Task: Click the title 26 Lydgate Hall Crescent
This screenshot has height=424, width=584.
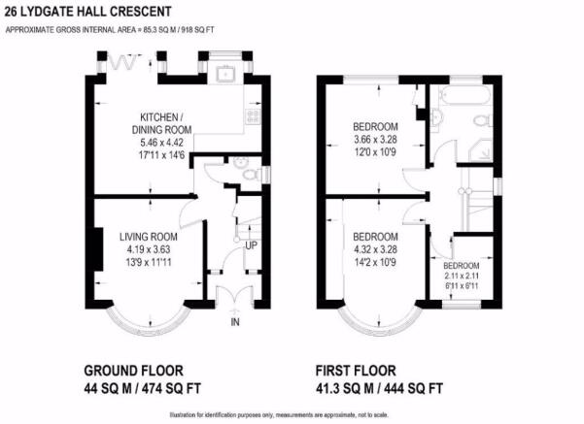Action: click(x=88, y=12)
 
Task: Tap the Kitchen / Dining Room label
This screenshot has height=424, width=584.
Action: click(x=162, y=123)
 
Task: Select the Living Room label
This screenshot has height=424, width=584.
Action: click(x=149, y=237)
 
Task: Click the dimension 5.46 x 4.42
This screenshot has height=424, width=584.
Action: click(x=162, y=143)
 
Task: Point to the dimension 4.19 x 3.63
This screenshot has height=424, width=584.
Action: click(x=149, y=249)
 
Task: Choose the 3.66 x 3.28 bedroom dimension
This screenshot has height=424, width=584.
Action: click(x=375, y=140)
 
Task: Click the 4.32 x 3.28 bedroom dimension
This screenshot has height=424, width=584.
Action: click(x=375, y=249)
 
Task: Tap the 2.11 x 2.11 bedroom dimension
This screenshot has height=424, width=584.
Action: click(x=462, y=276)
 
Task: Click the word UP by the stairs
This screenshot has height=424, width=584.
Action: click(x=251, y=245)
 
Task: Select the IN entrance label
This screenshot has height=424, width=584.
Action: click(x=235, y=322)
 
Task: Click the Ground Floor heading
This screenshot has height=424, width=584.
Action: click(x=134, y=371)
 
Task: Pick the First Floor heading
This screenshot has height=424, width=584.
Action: click(x=356, y=371)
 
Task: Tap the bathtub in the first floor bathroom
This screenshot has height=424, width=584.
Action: click(x=464, y=95)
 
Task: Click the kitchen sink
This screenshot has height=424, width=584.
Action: click(x=226, y=73)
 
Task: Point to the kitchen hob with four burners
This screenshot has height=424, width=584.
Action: click(x=253, y=115)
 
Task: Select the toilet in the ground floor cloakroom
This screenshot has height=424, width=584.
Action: click(x=252, y=175)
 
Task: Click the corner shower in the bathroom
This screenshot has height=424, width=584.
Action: click(x=481, y=150)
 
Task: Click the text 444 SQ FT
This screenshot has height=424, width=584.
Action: click(x=413, y=389)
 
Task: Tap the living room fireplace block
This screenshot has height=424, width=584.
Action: click(x=97, y=249)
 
